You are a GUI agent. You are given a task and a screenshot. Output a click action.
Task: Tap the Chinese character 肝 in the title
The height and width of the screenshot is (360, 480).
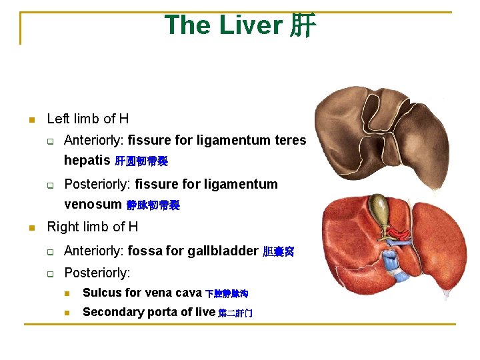point(303,26)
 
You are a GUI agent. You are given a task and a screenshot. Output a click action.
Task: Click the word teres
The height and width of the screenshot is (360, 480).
point(290,141)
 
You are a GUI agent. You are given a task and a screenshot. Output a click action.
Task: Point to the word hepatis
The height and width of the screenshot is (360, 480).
point(87,161)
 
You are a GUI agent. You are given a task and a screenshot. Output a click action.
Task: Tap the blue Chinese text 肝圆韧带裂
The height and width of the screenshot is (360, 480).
point(141,161)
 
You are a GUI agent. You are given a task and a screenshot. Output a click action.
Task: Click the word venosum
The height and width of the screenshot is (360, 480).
point(93,204)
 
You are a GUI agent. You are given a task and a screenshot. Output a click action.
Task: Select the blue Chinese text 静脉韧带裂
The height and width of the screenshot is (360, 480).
point(153,205)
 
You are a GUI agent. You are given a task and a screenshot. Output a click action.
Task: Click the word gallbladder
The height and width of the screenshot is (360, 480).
point(223,251)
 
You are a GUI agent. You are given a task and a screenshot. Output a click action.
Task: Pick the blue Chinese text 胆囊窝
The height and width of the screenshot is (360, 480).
point(278,251)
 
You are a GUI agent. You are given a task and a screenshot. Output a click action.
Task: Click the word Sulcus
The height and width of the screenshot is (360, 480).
point(103,293)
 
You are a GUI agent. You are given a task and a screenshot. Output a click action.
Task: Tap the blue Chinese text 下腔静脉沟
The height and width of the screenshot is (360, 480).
point(227,294)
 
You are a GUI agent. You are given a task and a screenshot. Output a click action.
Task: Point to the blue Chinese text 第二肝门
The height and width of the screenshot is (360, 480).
point(235,313)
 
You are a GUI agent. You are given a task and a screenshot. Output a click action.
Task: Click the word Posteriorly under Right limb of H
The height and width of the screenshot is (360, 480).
point(97,273)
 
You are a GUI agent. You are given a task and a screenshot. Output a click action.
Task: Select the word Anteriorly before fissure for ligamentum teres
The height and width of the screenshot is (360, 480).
point(94,141)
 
